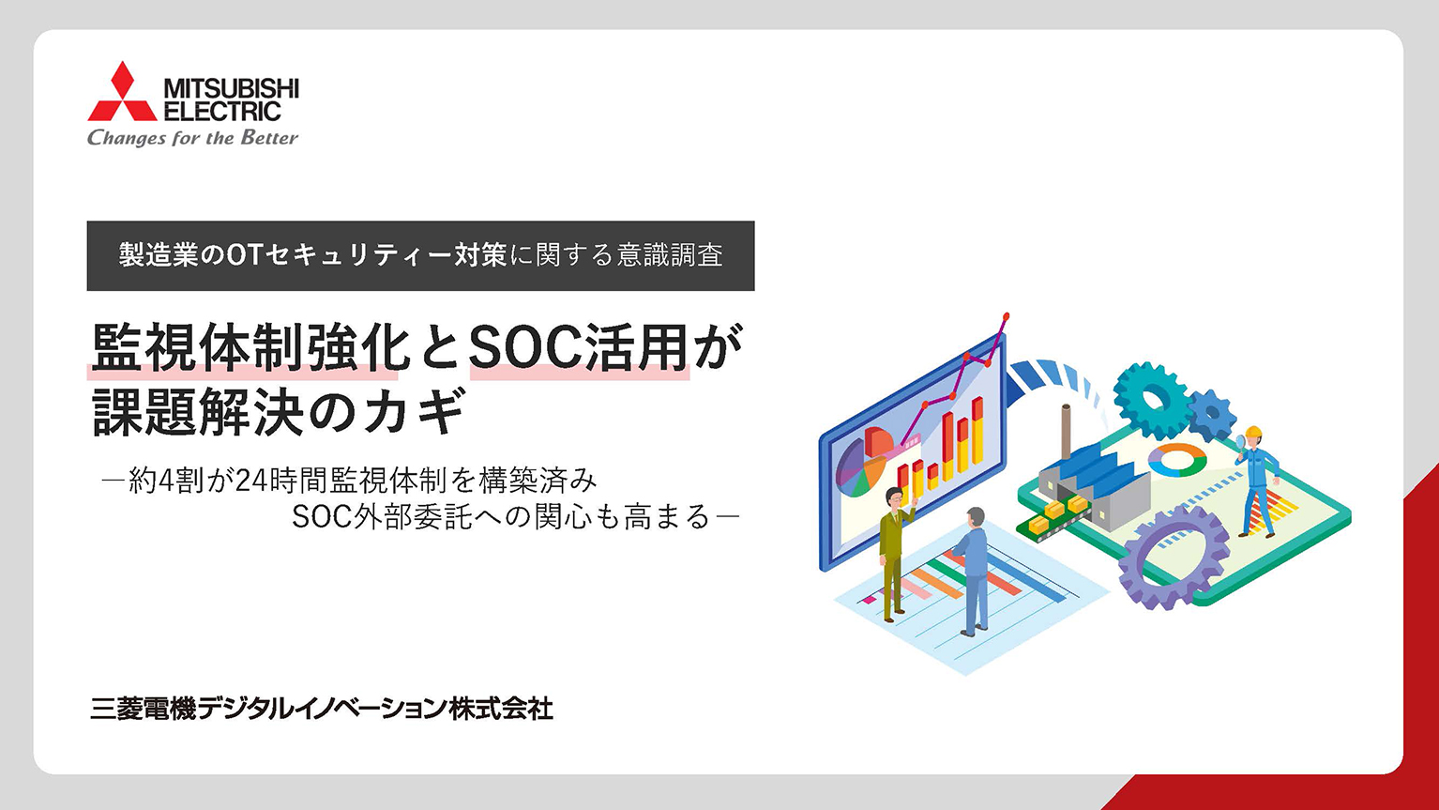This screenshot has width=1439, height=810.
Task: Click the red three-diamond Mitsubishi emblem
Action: (x=122, y=93)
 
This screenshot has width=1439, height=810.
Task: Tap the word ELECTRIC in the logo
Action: (x=222, y=112)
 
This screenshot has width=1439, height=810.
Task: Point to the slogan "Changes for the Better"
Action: (x=192, y=139)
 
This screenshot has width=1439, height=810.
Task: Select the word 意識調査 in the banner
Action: (x=670, y=255)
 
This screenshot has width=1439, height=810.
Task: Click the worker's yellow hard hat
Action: (x=1252, y=434)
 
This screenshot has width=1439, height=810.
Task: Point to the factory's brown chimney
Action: (x=1066, y=432)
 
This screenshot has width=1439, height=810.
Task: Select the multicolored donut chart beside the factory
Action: (x=1177, y=459)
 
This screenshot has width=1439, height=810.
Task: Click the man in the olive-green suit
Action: (x=895, y=549)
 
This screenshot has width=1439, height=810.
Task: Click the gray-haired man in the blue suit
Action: (x=974, y=568)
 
